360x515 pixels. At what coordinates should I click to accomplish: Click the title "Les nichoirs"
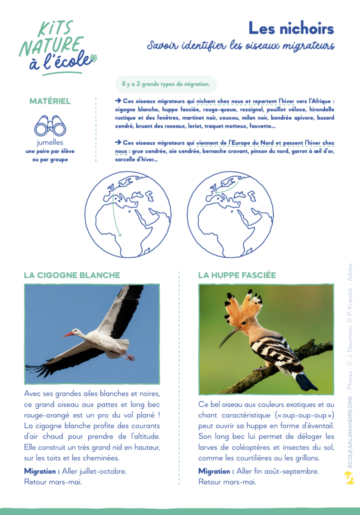(x=291, y=28)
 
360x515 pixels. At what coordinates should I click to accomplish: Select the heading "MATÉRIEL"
(x=50, y=101)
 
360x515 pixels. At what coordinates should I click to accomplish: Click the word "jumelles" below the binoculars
(x=50, y=143)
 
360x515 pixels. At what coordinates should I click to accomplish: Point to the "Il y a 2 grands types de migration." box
(x=166, y=84)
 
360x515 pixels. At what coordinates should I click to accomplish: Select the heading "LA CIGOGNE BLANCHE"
(x=72, y=275)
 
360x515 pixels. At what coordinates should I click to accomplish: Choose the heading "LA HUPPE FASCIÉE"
(x=237, y=275)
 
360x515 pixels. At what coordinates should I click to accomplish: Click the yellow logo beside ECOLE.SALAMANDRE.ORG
(x=350, y=478)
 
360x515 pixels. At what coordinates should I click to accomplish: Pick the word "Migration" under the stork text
(x=42, y=471)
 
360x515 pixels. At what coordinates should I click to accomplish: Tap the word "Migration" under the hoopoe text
(x=216, y=471)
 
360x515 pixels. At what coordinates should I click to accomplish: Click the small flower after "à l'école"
(x=94, y=59)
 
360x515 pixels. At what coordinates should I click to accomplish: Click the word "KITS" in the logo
(x=55, y=29)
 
